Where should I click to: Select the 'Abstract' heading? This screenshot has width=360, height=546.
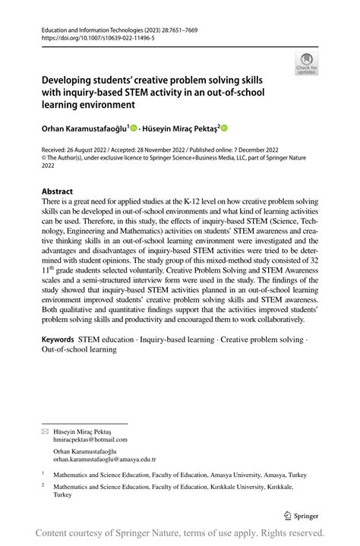[x=58, y=191]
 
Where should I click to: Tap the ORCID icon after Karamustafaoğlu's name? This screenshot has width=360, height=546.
[x=134, y=129]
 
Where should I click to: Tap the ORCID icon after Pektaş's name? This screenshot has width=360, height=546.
[x=224, y=129]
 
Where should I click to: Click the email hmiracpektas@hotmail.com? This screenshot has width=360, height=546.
[x=90, y=439]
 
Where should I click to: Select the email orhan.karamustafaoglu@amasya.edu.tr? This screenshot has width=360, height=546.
[x=104, y=459]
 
